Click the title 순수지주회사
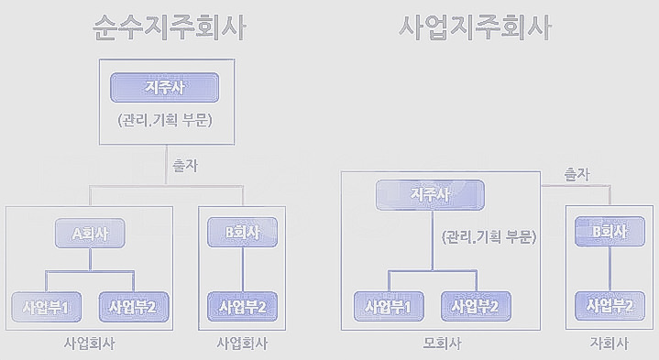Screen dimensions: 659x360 [169, 27]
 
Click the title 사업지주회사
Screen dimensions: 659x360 [476, 27]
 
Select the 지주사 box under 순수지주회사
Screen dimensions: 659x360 [166, 88]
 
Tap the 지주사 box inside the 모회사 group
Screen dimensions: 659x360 [430, 194]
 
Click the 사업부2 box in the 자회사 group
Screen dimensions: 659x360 [610, 304]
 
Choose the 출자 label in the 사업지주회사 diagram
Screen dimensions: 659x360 [577, 173]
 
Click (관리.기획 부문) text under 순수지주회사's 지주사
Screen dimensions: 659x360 [166, 120]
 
